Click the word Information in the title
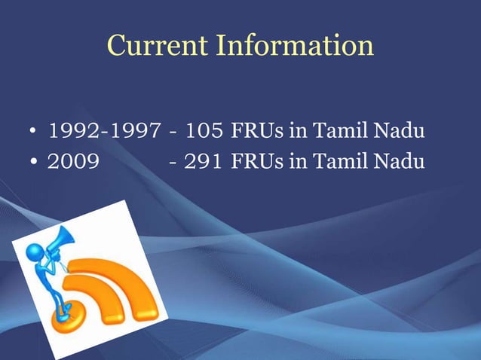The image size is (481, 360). [295, 45]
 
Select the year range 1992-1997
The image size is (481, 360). [104, 133]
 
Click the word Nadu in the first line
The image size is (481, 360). [397, 133]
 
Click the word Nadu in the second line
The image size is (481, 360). [397, 160]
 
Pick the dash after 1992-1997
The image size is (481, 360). [174, 134]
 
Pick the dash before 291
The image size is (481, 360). [174, 161]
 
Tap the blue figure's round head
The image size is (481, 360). [34, 251]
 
